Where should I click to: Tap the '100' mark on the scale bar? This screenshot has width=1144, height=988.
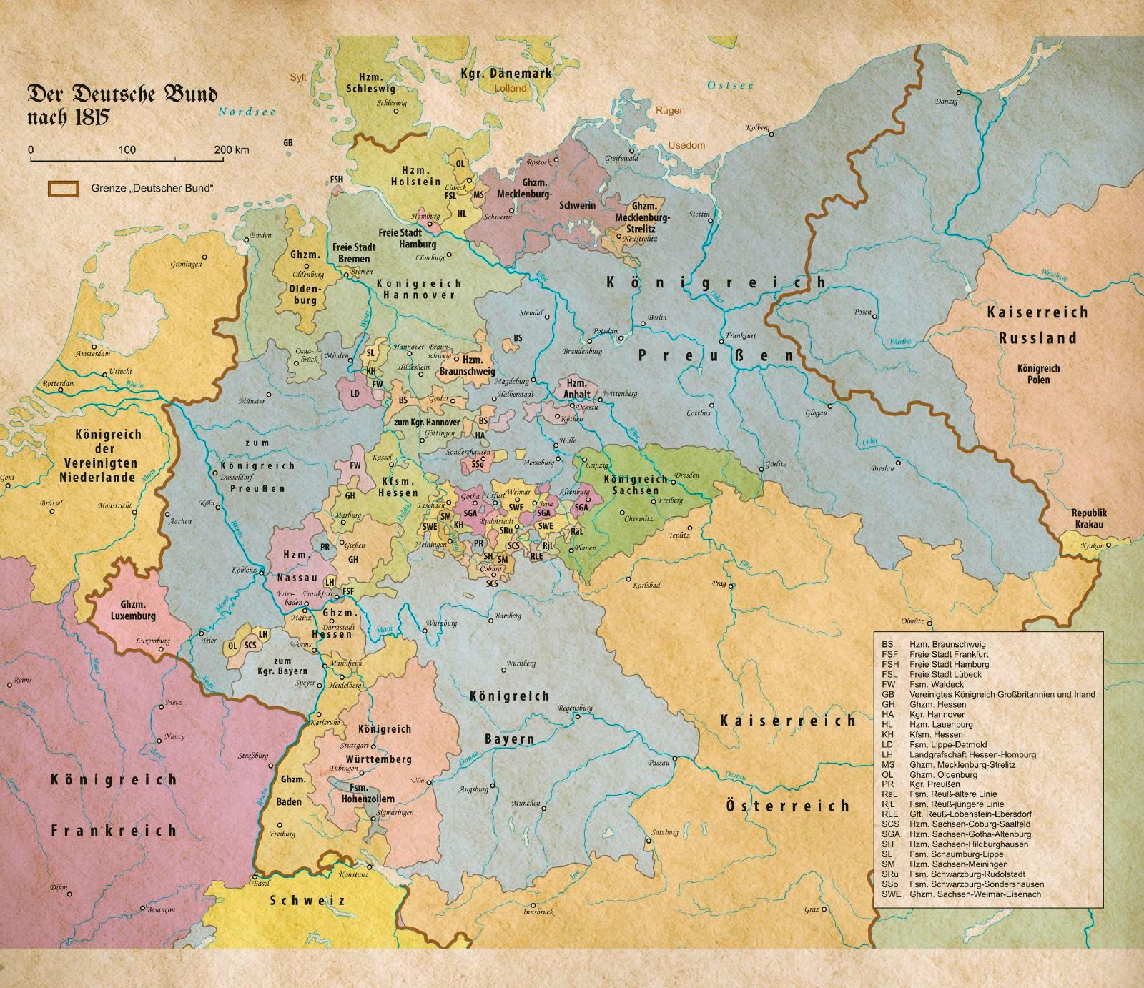tap(127, 150)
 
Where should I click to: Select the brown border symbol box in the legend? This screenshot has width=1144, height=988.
tap(63, 188)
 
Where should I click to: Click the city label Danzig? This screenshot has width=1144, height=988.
tap(945, 102)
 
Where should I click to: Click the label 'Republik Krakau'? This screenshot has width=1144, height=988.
tap(1088, 519)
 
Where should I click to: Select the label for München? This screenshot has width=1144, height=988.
tap(526, 803)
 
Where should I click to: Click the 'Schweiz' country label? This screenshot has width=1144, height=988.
tap(307, 900)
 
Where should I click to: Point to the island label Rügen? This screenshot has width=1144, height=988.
tap(670, 110)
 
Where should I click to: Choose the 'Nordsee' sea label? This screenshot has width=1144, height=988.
tap(247, 112)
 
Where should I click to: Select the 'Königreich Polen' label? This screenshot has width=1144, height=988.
tap(1039, 374)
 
